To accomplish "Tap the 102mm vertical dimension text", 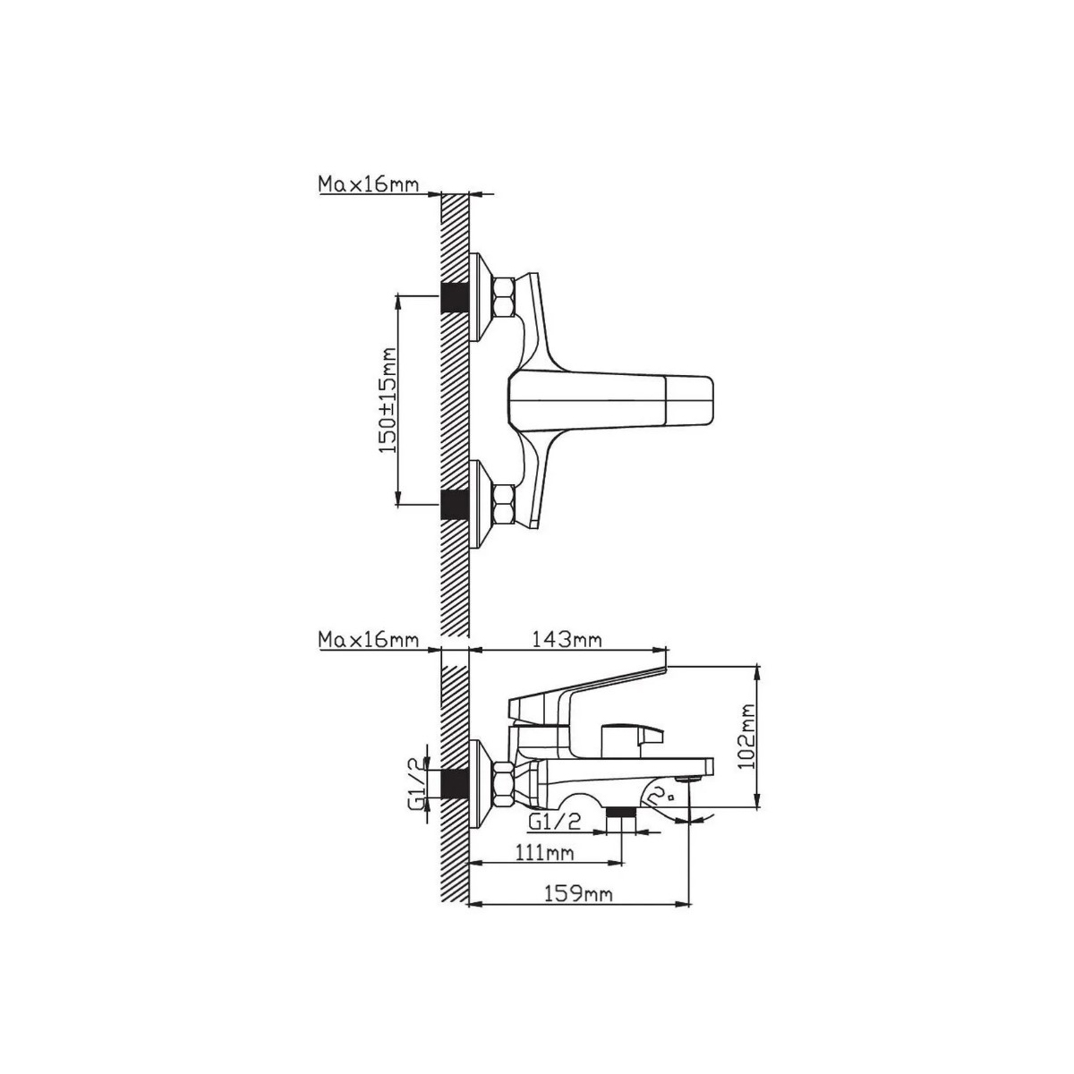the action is click(746, 737).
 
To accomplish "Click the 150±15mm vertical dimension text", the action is click(388, 400).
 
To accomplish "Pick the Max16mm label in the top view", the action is click(369, 184).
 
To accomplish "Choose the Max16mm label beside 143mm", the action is click(369, 639).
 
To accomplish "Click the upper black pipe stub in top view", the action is click(455, 298).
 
